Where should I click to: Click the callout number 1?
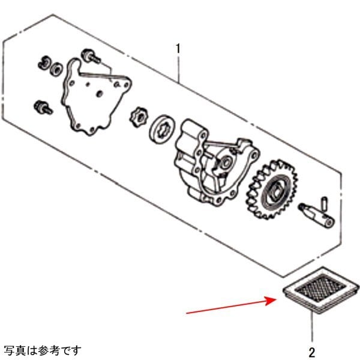178,49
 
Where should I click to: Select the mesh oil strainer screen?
321,290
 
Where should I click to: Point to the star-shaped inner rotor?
138,117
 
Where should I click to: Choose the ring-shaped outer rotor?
162,129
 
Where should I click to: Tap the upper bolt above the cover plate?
91,56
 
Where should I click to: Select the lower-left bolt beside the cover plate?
43,107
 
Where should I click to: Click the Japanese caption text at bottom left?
43,350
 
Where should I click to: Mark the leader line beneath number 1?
178,68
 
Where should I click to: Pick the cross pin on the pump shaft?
325,203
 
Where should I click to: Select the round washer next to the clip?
56,68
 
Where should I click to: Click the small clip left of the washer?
44,62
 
